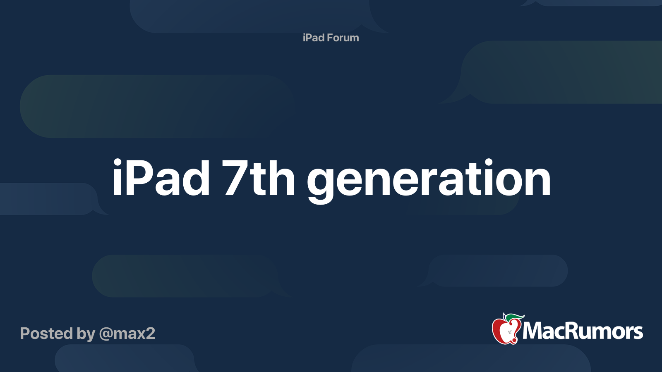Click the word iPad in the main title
click(x=161, y=179)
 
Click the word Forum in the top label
click(x=343, y=38)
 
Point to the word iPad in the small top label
click(x=314, y=38)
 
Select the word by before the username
click(x=86, y=334)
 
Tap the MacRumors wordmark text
click(x=583, y=331)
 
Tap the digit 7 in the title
click(x=235, y=179)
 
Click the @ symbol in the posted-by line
click(x=106, y=334)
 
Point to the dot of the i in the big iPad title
click(x=118, y=162)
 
